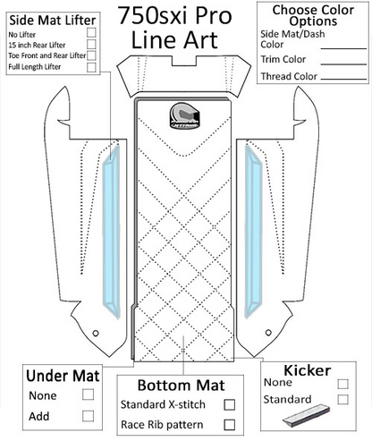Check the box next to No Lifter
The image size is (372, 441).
tap(91, 32)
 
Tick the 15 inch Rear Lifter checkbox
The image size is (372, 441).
tap(91, 44)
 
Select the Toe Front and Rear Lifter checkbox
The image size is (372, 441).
tap(91, 55)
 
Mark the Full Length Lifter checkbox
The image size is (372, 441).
tap(91, 67)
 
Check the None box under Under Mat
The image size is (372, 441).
tap(88, 394)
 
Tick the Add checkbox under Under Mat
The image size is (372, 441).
tap(88, 416)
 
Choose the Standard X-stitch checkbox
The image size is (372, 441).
tap(229, 405)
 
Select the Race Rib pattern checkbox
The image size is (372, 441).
tap(229, 425)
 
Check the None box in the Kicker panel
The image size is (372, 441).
tap(342, 384)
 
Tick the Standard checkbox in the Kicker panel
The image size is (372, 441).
tap(342, 400)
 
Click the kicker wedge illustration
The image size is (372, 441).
tap(306, 415)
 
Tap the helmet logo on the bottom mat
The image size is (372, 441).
tap(184, 115)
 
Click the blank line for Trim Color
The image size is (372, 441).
tap(343, 64)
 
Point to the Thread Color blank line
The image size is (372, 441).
tap(343, 79)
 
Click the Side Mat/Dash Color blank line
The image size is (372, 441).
tap(343, 48)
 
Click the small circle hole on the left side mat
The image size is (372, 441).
tap(96, 333)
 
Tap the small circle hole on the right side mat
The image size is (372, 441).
tap(268, 332)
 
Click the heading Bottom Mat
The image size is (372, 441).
tap(181, 386)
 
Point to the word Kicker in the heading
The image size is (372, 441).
tap(308, 370)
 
